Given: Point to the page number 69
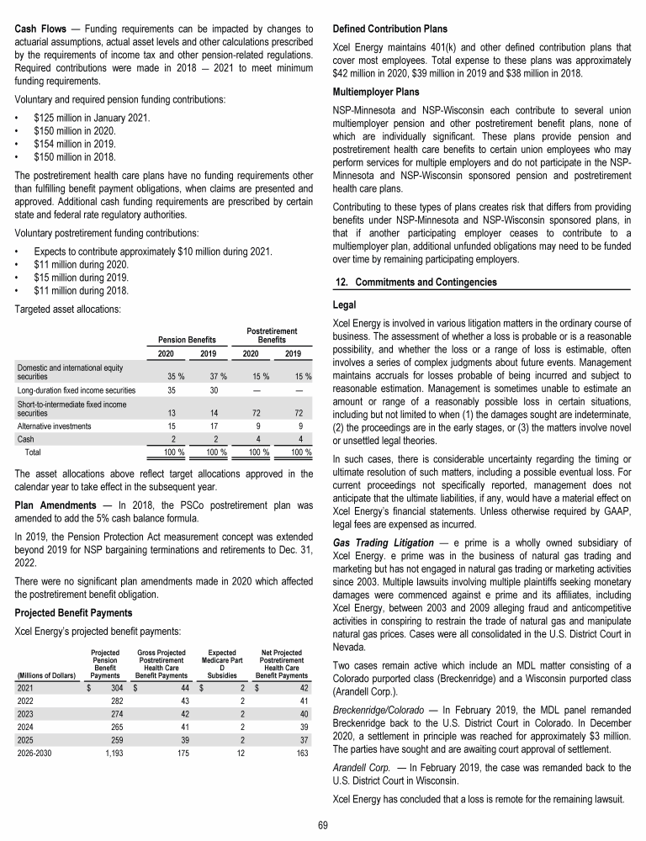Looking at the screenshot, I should tap(323, 826).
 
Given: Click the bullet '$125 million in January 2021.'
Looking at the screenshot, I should tap(92, 117).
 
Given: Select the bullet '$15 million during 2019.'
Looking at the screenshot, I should tap(82, 278).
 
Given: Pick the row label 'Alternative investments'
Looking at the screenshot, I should tap(56, 426).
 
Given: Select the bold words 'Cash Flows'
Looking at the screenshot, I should tap(40, 29).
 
